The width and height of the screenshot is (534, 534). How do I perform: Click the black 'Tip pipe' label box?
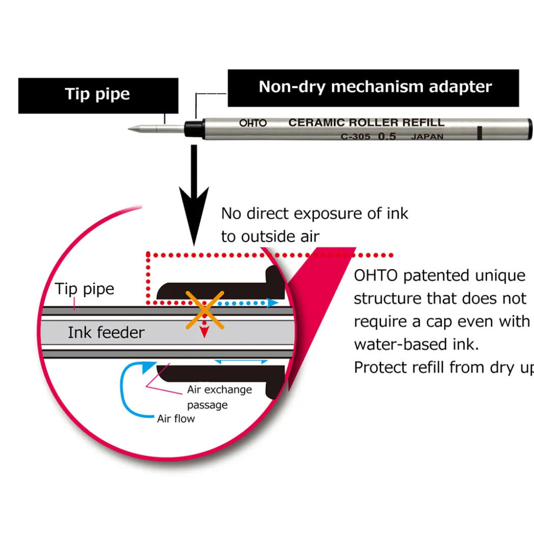pos(98,96)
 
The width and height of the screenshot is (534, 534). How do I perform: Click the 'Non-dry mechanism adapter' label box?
pos(373,88)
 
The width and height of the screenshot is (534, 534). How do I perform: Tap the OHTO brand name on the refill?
pos(253,123)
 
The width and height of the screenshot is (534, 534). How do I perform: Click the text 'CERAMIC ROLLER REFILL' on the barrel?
pos(367,123)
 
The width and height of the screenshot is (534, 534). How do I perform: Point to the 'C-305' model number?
pos(355,137)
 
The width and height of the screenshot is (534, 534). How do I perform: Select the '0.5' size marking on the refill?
pos(387,136)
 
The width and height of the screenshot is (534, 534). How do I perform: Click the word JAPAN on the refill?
pos(427,137)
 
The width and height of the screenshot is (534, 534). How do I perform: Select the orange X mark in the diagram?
pos(204,310)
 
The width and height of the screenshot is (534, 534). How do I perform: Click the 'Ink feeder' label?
pos(106,333)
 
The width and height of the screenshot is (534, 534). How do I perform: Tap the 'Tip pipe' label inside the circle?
pos(84,289)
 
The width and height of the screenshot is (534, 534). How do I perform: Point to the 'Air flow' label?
pos(176,419)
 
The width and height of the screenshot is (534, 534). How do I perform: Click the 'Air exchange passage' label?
pos(220,397)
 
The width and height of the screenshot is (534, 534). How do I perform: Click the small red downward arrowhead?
pos(204,332)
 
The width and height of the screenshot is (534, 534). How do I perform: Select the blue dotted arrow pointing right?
pos(248,303)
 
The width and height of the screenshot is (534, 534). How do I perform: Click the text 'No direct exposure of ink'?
pos(315,214)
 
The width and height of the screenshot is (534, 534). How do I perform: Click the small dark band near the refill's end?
pos(480,133)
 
